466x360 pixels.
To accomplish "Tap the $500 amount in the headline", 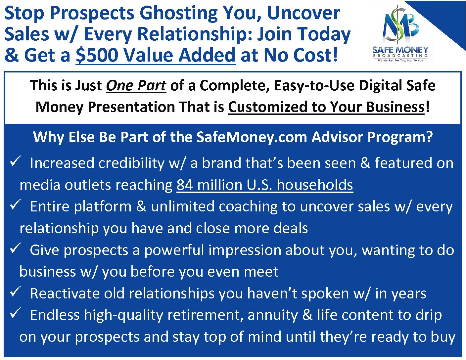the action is click(x=97, y=55).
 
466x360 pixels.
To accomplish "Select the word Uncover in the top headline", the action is click(x=303, y=13).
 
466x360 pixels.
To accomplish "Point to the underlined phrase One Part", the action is click(x=136, y=86).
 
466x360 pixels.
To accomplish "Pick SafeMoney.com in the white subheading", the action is click(x=252, y=137).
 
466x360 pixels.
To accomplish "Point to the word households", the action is click(x=315, y=185).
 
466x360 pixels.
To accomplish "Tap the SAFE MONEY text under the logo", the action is click(x=400, y=50).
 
